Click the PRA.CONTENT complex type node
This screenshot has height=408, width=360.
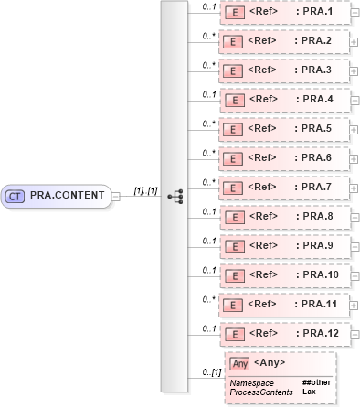click(57, 195)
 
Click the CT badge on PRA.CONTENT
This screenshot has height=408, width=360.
click(15, 195)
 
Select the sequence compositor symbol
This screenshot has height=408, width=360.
click(175, 195)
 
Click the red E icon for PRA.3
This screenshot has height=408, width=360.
click(234, 70)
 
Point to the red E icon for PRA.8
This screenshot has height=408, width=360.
click(234, 217)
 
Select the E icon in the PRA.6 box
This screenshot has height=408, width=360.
click(234, 158)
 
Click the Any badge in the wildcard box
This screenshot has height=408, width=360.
click(240, 364)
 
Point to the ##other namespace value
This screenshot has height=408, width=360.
click(315, 381)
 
